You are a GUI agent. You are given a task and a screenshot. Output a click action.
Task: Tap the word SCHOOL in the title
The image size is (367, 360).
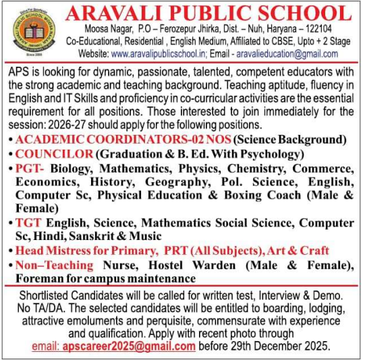point(302,13)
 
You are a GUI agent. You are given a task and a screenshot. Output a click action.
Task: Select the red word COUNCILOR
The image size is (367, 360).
point(51,154)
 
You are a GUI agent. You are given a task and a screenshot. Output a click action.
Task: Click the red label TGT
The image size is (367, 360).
point(28,222)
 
